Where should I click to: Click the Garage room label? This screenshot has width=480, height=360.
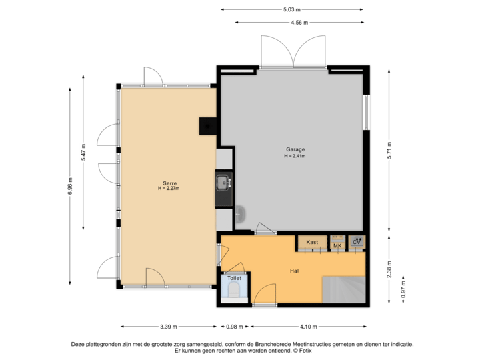pos(295,149)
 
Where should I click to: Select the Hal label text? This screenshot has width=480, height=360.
pos(294,271)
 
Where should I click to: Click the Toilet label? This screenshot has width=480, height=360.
pos(234,277)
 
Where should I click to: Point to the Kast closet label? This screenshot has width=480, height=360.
pos(312,242)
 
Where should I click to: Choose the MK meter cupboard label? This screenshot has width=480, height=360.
pos(337,246)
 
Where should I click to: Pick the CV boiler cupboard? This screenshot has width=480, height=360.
pos(357,242)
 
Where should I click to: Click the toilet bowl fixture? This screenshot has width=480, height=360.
pos(234,289)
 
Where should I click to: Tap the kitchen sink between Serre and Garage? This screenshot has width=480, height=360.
pos(223,181)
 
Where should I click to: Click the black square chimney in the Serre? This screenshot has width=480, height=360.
pos(208,126)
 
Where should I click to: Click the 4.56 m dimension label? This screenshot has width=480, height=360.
pos(299,22)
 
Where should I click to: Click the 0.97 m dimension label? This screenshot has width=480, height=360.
pos(402,292)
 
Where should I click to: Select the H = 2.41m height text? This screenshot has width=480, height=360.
pos(295,156)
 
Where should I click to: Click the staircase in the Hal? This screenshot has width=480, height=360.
pos(345,289)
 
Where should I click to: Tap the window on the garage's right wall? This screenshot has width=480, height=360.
pos(365,112)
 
